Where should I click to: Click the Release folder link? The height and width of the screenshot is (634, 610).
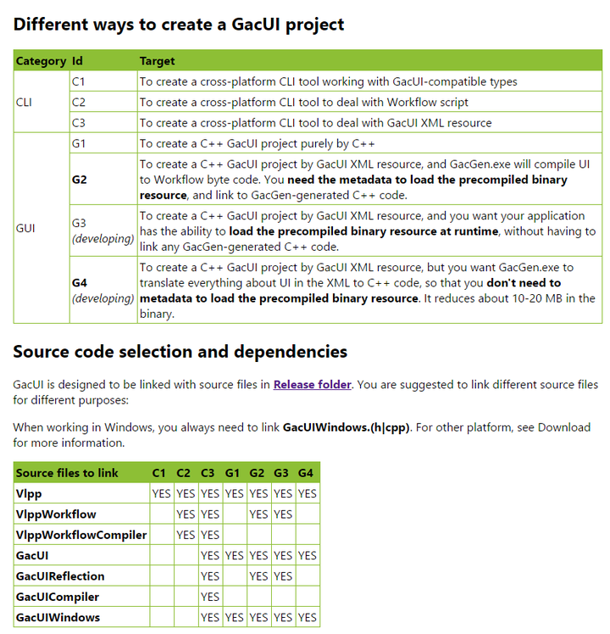tap(312, 384)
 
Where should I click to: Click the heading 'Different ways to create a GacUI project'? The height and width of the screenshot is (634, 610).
tap(179, 24)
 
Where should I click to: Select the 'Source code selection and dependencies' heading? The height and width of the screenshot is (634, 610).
tap(180, 351)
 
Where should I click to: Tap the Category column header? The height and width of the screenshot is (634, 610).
tap(41, 61)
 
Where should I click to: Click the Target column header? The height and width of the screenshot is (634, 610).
tap(157, 61)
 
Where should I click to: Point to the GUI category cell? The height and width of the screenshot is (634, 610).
tap(25, 228)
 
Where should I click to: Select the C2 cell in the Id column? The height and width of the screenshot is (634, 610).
tap(79, 102)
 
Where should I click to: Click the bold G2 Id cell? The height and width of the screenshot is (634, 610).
tap(80, 180)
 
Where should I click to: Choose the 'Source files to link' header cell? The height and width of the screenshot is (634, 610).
tap(67, 472)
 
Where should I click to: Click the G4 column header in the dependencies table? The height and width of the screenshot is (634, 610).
tap(307, 472)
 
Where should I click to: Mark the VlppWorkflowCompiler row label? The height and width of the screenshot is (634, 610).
tap(80, 535)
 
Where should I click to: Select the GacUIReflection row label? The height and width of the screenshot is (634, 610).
tap(60, 576)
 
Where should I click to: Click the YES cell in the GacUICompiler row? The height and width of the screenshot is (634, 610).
tap(209, 597)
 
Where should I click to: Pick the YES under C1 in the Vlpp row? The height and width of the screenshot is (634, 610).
tap(160, 493)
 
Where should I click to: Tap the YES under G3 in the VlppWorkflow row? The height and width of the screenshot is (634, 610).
tap(282, 514)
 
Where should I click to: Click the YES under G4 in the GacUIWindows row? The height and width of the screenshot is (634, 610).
tap(307, 617)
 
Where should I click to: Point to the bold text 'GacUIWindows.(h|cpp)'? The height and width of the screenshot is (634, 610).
tap(347, 427)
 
